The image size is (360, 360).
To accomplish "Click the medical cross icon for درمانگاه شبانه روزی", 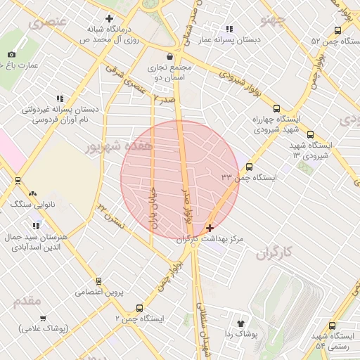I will coord(109,18).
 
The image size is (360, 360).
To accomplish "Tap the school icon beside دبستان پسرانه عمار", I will coord(229,29).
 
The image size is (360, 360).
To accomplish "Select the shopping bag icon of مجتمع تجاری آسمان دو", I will coord(169,56).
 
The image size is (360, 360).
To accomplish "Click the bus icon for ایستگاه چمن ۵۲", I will coord(338,30).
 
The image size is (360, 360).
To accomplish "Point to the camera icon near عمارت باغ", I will coord(11,55).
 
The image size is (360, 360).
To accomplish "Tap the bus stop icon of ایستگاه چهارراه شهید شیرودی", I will coord(276,109).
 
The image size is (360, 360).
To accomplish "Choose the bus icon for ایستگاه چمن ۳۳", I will coord(250,167).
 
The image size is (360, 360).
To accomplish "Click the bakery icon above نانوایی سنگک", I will coord(32,193).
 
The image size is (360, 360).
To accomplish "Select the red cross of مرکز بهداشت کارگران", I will coord(210,229).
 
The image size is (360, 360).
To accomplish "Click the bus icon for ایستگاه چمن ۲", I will coord(139,308).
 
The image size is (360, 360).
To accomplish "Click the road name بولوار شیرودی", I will coord(235,79).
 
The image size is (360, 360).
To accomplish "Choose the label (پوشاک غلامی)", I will coord(42,328).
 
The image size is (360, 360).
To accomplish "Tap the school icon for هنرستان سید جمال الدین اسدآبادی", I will coord(35,226).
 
